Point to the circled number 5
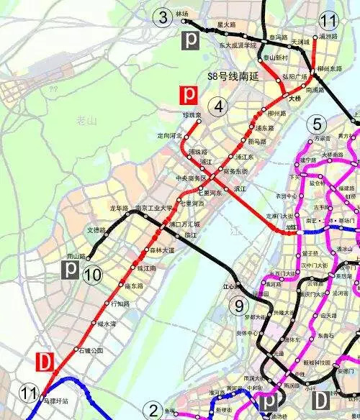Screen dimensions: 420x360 [x=315, y=124]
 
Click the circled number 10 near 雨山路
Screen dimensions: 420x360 [x=92, y=273]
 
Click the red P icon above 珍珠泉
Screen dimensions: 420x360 [x=189, y=94]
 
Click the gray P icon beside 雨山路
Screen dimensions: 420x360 [x=71, y=270]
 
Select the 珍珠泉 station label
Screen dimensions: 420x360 [x=192, y=115]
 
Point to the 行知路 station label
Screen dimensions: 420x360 [x=120, y=303]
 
